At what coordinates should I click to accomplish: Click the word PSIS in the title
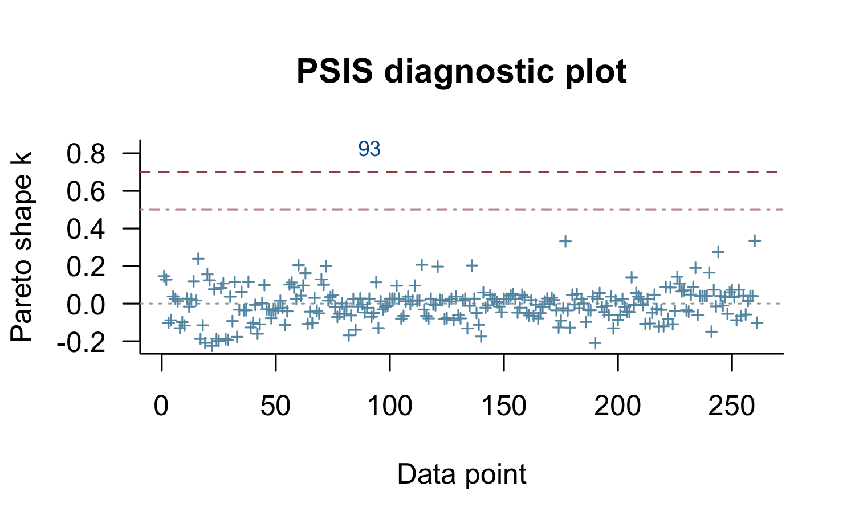[334, 72]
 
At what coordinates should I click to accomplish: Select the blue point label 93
[369, 149]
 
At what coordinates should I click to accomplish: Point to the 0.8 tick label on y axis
[85, 154]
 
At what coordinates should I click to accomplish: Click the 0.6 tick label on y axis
[85, 191]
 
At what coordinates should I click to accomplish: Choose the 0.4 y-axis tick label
[85, 229]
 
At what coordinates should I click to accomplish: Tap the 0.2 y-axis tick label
[85, 267]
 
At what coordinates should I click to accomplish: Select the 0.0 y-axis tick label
[85, 304]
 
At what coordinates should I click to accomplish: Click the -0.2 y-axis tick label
[81, 342]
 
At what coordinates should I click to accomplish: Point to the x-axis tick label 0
[162, 406]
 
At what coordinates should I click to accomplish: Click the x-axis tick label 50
[276, 406]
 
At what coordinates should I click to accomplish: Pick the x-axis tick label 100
[390, 406]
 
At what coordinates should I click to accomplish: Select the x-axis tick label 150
[504, 406]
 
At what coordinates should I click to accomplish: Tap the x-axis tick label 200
[618, 406]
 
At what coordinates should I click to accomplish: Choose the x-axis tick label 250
[732, 406]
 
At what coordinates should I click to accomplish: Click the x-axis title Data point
[462, 474]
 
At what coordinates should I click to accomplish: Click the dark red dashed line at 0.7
[513, 171]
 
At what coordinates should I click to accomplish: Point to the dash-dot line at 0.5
[513, 210]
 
